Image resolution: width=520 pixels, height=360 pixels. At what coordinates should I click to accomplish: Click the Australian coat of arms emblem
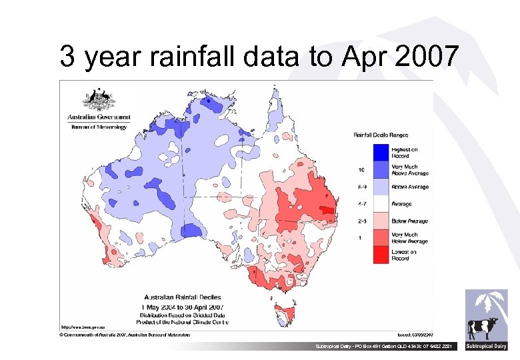click(98, 101)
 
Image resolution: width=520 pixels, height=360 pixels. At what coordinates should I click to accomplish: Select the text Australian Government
click(99, 117)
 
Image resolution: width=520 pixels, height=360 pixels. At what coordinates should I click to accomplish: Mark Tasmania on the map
click(286, 313)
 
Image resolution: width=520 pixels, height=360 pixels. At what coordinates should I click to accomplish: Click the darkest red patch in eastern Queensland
click(327, 211)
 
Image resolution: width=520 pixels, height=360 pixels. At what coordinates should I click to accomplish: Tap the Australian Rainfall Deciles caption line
click(183, 297)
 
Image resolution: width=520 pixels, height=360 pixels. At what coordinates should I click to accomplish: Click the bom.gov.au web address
click(83, 327)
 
